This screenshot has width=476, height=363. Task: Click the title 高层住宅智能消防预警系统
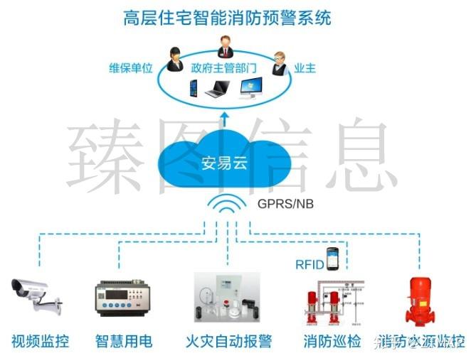[228, 18]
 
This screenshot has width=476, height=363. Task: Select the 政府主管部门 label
[223, 69]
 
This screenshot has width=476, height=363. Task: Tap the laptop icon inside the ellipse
[217, 90]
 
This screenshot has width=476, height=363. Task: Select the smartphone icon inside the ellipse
[192, 88]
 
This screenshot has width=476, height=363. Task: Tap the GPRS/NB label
[285, 204]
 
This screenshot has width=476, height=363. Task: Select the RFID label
[310, 265]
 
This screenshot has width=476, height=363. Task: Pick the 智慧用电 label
[124, 341]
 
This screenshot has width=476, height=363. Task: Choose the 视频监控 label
[41, 341]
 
